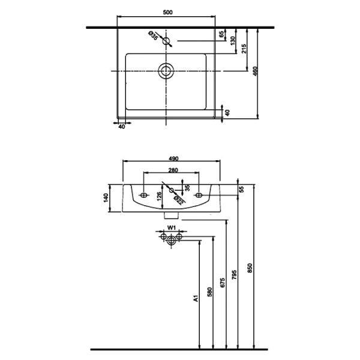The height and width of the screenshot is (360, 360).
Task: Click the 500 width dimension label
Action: (167, 13)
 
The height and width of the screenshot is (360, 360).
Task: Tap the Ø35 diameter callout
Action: (154, 35)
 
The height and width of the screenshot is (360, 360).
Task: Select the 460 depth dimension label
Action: (256, 71)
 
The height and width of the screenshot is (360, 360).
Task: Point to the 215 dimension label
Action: (244, 49)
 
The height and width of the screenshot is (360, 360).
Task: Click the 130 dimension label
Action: (233, 41)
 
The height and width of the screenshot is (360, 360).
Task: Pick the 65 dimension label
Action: (221, 34)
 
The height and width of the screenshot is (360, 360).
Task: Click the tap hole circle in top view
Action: (166, 41)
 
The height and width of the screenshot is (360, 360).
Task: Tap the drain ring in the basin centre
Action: (166, 71)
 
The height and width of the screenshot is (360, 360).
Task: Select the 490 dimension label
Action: (173, 158)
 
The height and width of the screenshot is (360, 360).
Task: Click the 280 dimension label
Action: (173, 170)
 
